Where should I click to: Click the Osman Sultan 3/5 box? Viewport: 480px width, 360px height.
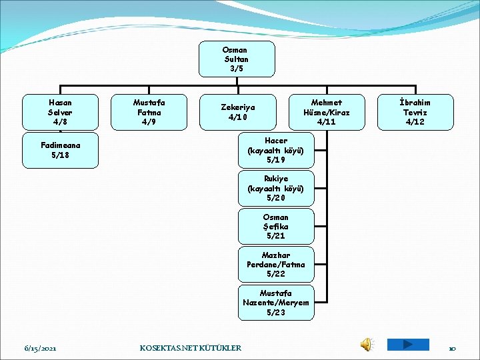tap(236, 59)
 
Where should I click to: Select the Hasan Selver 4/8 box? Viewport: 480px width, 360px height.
tap(60, 112)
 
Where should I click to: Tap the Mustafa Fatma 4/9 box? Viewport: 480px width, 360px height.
tap(149, 112)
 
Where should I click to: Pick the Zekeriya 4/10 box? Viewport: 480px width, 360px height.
tap(238, 112)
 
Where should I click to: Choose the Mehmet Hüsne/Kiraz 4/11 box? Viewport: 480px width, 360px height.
tap(327, 112)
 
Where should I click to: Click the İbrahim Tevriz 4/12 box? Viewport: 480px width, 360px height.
tap(415, 112)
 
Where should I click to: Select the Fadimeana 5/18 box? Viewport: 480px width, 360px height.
tap(60, 150)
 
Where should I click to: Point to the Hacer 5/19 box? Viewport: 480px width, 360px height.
tap(276, 150)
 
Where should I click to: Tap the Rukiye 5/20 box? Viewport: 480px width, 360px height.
tap(276, 188)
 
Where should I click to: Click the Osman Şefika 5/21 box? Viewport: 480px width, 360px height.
tap(276, 226)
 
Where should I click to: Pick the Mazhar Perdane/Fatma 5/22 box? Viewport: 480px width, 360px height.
tap(276, 264)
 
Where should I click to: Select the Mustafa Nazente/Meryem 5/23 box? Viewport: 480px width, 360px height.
tap(276, 302)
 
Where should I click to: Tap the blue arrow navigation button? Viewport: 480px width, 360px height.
tap(407, 345)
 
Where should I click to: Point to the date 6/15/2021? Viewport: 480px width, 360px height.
tap(40, 348)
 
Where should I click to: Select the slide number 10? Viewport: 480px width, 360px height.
tap(451, 348)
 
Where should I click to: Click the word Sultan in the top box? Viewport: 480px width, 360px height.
tap(236, 59)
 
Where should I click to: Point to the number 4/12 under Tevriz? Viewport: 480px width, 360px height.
tap(415, 122)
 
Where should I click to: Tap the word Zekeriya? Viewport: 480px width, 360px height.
tap(238, 107)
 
